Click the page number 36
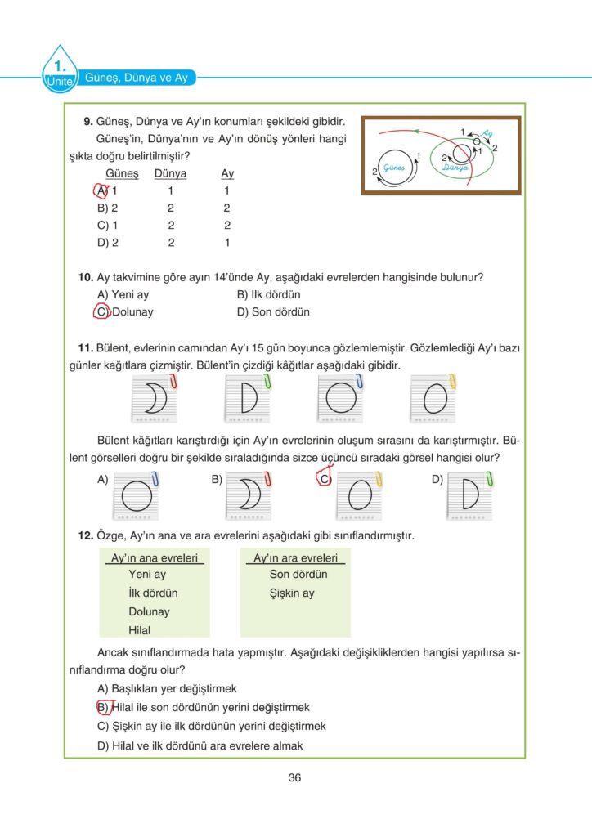click(x=295, y=777)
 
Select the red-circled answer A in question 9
click(x=101, y=190)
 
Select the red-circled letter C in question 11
click(x=323, y=479)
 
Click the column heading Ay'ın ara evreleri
click(x=295, y=558)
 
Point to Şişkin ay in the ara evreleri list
click(x=292, y=593)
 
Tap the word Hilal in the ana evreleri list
click(x=140, y=630)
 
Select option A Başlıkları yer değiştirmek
click(x=167, y=688)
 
